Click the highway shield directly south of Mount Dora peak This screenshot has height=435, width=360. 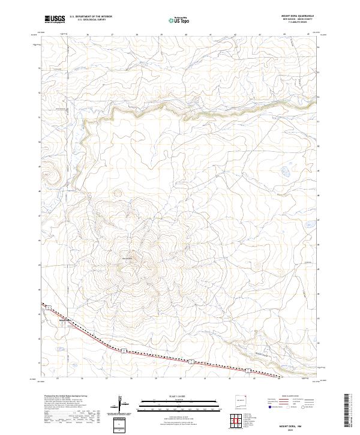tap(124, 350)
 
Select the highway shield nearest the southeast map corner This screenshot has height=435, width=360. tap(245, 370)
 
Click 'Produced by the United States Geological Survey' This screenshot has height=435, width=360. tap(65, 397)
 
